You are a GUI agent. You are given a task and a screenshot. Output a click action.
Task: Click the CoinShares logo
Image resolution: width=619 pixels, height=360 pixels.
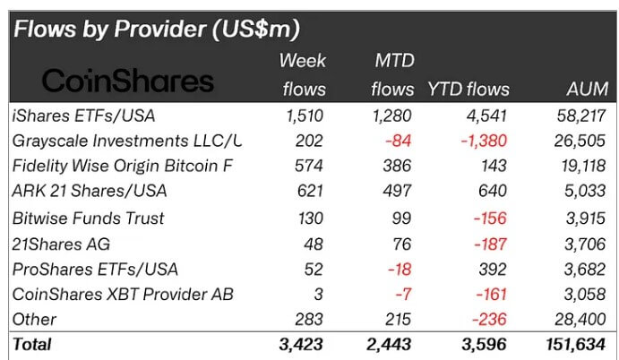(x=128, y=81)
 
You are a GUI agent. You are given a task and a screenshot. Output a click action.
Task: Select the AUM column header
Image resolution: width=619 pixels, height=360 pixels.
(x=587, y=89)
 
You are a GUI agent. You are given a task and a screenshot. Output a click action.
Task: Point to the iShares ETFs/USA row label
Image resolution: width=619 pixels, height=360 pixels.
(x=79, y=115)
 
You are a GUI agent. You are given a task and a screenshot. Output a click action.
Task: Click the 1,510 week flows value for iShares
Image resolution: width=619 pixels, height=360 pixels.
(x=305, y=115)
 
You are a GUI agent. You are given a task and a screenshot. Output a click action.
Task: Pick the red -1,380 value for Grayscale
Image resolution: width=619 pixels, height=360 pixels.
(x=483, y=140)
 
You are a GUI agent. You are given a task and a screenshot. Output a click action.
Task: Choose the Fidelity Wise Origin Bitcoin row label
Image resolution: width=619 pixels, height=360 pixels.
(x=123, y=166)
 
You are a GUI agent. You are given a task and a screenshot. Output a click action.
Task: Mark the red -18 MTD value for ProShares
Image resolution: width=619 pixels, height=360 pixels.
(x=400, y=269)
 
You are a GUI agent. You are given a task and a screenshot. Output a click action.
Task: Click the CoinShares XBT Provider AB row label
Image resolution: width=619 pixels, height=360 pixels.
(x=125, y=294)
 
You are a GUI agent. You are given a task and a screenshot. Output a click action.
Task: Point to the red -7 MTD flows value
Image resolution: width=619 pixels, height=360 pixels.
(x=404, y=294)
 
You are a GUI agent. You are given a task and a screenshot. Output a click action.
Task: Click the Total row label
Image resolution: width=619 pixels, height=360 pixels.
(x=31, y=344)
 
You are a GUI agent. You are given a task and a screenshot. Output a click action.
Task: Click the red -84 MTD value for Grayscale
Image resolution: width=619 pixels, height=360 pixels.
(x=400, y=140)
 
